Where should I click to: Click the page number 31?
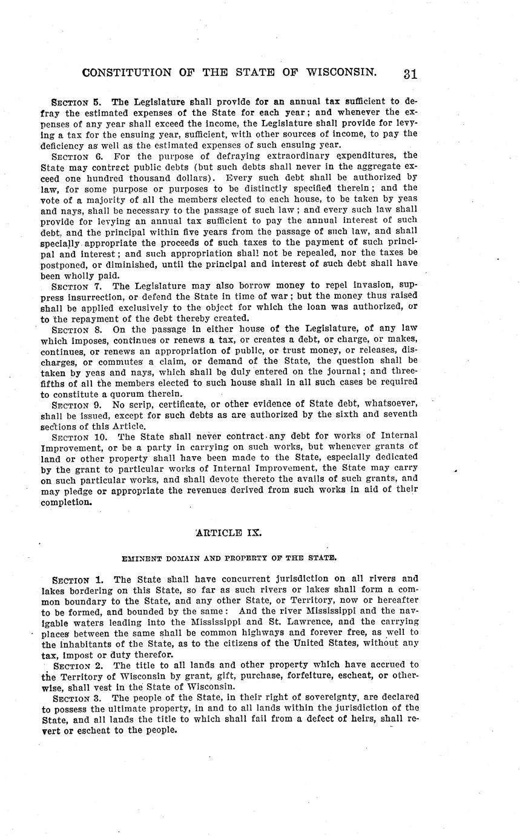pyautogui.click(x=410, y=74)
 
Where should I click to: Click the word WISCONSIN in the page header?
pyautogui.click(x=342, y=73)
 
